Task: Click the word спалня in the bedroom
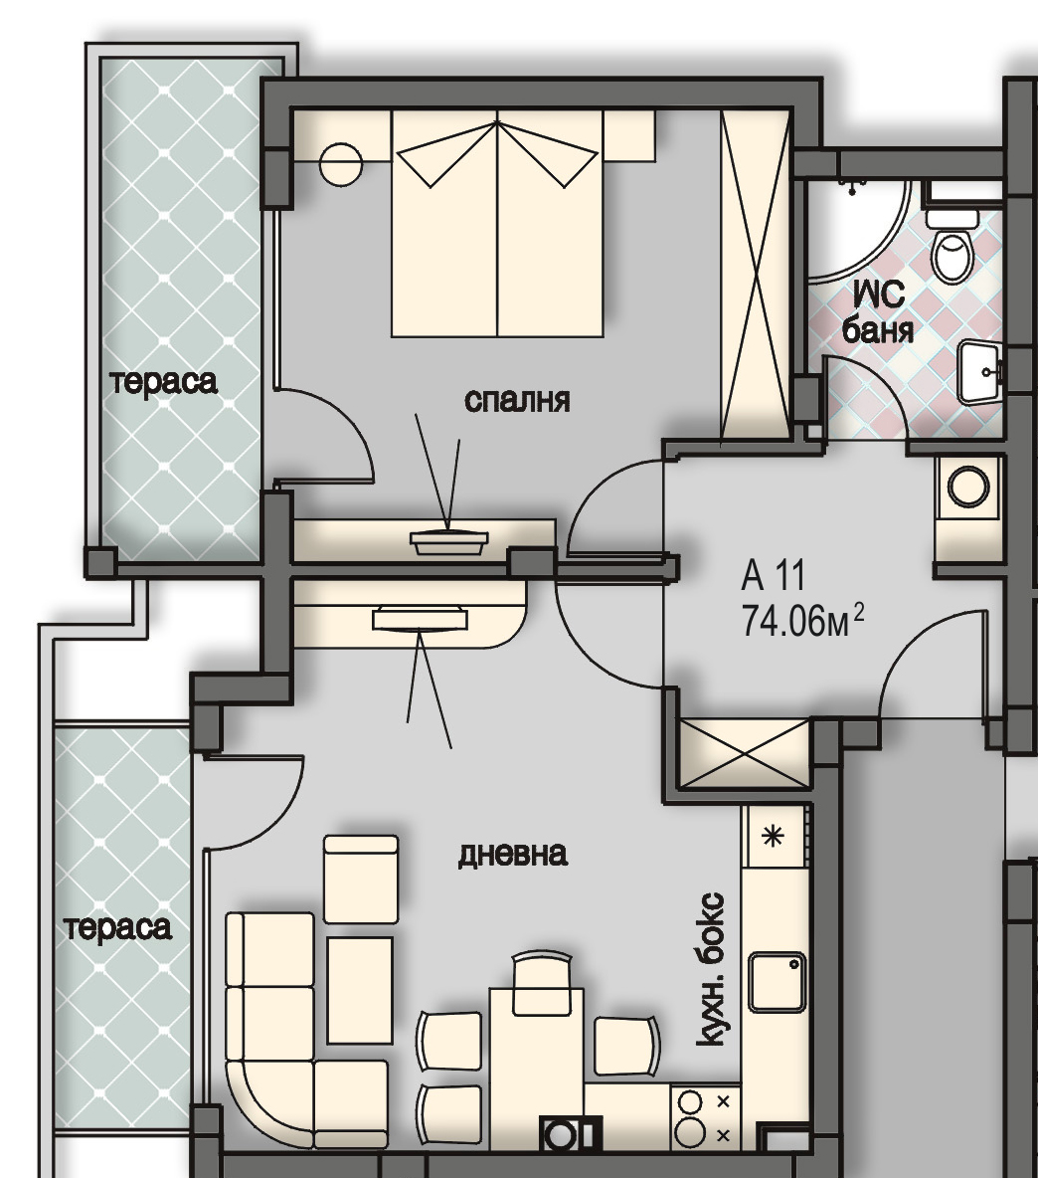pos(517,400)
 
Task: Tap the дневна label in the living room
pos(513,855)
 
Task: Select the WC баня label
pos(878,311)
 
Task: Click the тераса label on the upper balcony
pos(164,382)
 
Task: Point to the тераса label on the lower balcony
pos(118,928)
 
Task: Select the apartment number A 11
pos(774,575)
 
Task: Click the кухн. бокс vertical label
pos(711,969)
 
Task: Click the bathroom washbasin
pos(981,371)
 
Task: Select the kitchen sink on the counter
pos(778,982)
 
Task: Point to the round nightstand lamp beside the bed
pos(340,164)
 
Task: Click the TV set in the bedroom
pos(448,541)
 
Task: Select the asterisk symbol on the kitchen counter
pos(773,836)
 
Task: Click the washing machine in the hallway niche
pos(968,487)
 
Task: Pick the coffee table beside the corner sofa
pos(360,990)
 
